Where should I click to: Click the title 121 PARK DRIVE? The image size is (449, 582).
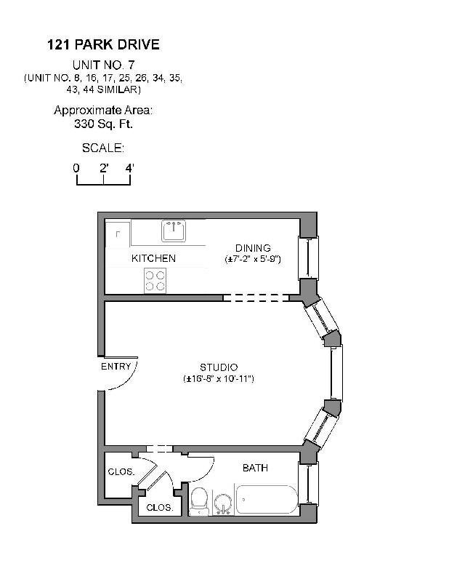(102, 45)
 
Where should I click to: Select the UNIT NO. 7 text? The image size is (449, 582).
(102, 65)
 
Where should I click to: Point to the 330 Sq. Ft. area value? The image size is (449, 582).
(102, 124)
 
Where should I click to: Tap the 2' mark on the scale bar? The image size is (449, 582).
(104, 168)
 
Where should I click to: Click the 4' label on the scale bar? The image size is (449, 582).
(129, 168)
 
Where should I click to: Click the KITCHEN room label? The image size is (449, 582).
(153, 258)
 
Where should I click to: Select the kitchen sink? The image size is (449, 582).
(174, 231)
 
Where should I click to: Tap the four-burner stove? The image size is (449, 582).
(155, 280)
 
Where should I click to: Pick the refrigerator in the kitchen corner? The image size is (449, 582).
(118, 235)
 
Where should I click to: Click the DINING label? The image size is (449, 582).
(252, 248)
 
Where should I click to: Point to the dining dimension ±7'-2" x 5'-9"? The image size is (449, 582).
(252, 259)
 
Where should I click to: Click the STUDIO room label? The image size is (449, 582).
(219, 367)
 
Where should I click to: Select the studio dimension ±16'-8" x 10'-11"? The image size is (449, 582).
(219, 379)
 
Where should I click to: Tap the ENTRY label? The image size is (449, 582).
(116, 367)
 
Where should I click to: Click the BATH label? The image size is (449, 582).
(255, 468)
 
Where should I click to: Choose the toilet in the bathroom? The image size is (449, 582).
(198, 501)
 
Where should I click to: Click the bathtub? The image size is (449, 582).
(266, 500)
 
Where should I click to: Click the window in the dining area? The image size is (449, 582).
(308, 258)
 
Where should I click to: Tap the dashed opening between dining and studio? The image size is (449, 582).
(256, 298)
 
